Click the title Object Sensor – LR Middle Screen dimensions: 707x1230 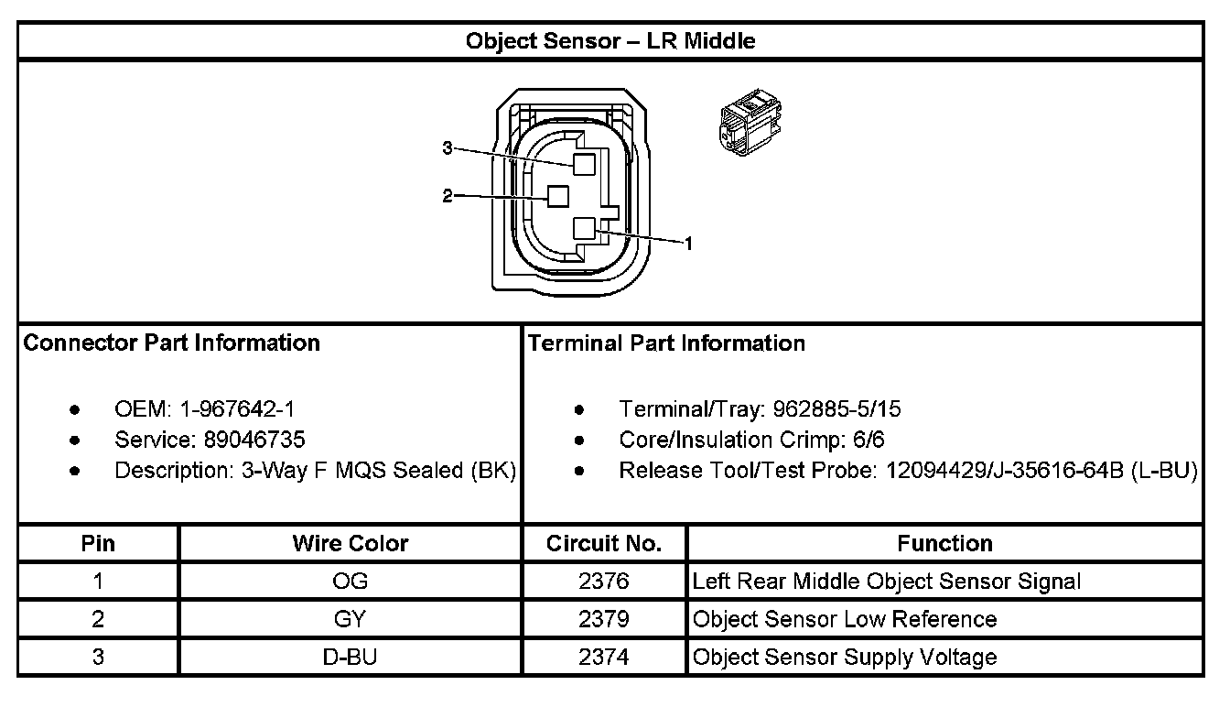click(x=610, y=41)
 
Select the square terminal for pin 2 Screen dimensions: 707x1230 click(x=557, y=196)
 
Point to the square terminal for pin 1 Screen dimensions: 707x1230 click(x=584, y=229)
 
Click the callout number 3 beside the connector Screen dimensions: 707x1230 click(x=447, y=148)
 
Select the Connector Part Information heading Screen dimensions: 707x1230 click(x=171, y=343)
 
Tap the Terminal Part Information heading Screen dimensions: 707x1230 click(x=666, y=343)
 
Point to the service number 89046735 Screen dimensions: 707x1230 click(x=249, y=440)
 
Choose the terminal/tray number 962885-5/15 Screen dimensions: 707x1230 click(x=836, y=409)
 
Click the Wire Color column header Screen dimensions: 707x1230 click(x=351, y=543)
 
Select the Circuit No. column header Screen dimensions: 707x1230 click(x=604, y=543)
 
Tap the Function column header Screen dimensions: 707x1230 click(x=944, y=543)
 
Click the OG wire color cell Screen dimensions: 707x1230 click(x=351, y=582)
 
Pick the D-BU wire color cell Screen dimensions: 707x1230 click(x=351, y=657)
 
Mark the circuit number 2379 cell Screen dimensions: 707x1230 click(x=604, y=619)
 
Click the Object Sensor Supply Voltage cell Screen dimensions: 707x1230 click(x=845, y=657)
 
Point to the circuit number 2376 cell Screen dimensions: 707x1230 click(x=604, y=582)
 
